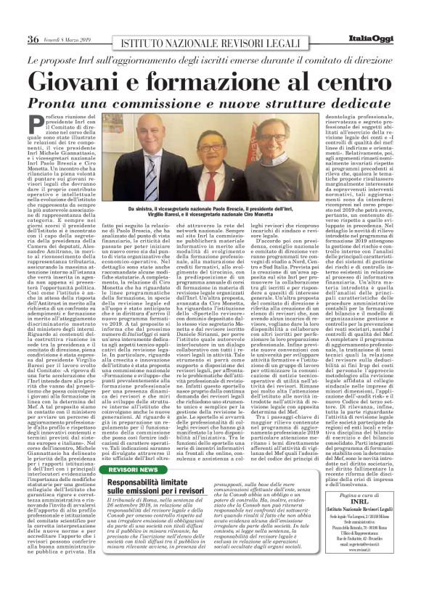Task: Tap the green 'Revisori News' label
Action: [x=132, y=471]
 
